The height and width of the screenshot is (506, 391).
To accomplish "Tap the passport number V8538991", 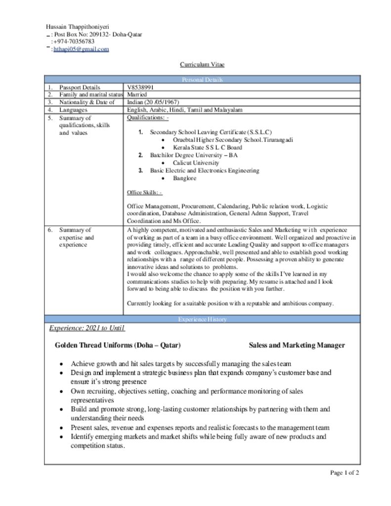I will (141, 87).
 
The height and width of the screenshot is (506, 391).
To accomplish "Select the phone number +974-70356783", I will (74, 42).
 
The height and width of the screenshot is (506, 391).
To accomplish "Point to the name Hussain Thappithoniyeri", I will (78, 27).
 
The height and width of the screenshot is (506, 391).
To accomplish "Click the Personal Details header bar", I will (202, 80).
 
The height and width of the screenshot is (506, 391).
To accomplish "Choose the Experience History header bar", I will (202, 319).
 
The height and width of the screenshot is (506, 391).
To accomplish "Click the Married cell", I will (137, 94).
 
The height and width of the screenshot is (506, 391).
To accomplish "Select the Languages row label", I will (73, 110).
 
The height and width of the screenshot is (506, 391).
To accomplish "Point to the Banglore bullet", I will (184, 178).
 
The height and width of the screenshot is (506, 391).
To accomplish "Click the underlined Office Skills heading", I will (144, 192).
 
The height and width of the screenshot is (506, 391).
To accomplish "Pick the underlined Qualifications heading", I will (148, 118).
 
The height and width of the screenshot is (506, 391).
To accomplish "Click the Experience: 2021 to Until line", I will (87, 329).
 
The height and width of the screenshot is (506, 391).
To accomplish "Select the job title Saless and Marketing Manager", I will (297, 345).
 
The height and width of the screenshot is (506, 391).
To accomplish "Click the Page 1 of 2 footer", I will (345, 473).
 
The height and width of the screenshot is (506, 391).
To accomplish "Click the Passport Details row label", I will (79, 87).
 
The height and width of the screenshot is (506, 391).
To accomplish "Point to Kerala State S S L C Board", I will (208, 147).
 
